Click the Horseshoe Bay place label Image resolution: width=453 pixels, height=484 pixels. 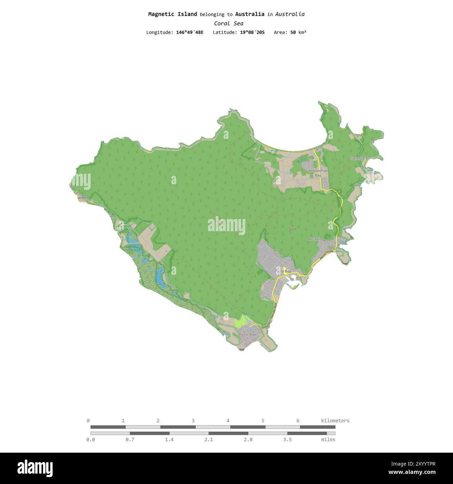tap(318, 173)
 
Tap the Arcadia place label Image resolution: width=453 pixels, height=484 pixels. tap(315, 239)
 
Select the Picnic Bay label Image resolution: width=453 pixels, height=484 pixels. tap(247, 334)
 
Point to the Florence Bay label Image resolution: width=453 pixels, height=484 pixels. tap(360, 159)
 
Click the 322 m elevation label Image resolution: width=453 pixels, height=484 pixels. tap(293, 229)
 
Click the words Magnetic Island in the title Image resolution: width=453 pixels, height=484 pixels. tap(172, 14)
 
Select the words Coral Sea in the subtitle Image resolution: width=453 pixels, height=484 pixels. tap(229, 23)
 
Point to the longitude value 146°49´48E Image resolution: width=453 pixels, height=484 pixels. tap(190, 32)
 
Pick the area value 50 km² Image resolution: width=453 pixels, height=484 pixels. tap(298, 32)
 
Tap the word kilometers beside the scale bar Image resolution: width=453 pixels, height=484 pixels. tap(335, 421)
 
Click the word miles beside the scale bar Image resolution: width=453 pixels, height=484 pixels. tap(328, 439)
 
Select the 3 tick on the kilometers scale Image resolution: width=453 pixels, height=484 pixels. tap(193, 421)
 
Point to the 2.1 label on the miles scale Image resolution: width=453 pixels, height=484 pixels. tap(208, 439)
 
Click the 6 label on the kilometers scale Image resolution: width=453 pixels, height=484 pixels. tap(298, 421)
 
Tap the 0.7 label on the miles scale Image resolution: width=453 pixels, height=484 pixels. tap(130, 439)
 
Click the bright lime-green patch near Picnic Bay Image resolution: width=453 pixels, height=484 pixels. tap(240, 322)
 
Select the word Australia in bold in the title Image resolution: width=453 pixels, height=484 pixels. tap(249, 14)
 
